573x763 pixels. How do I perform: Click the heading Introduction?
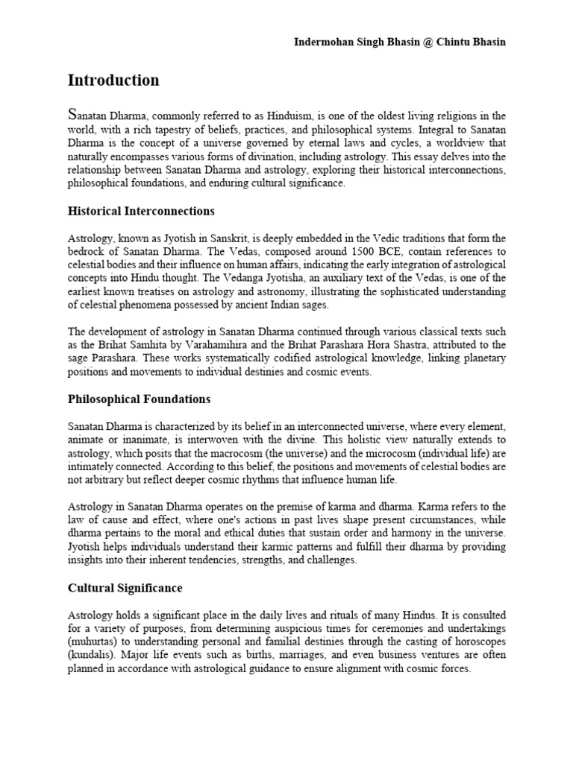point(113,80)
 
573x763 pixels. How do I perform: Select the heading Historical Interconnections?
point(142,212)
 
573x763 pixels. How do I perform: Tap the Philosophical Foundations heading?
point(139,399)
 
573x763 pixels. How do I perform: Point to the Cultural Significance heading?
point(125,588)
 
